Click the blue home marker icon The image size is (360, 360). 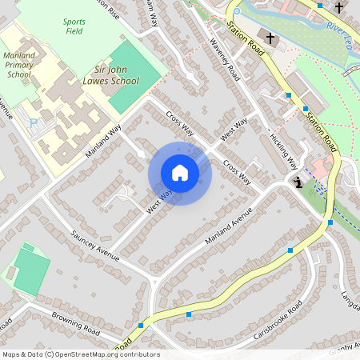point(180,173)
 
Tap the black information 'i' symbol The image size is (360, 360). point(298,183)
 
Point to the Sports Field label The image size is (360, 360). point(74,26)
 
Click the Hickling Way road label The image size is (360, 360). point(283,149)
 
